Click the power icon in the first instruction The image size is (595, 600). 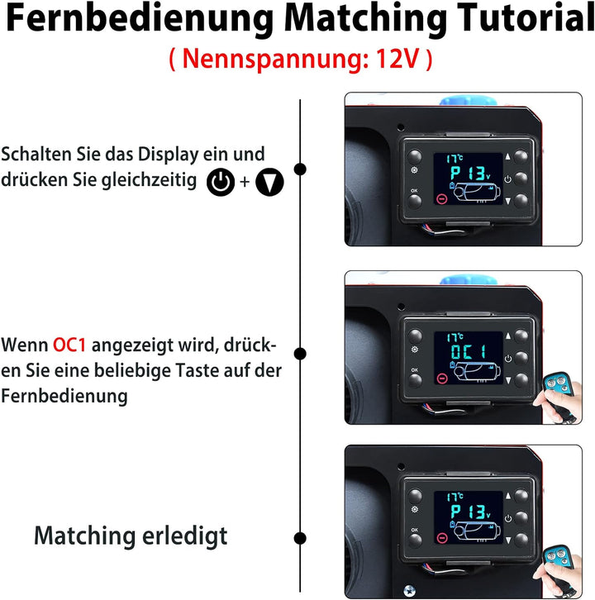coord(220,183)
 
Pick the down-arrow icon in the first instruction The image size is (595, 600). coord(269,183)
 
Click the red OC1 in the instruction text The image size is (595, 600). coord(71,343)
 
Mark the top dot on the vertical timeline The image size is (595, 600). coord(300,169)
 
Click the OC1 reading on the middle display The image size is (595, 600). coord(469,350)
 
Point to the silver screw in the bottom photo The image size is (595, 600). coord(407,590)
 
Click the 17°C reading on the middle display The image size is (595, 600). coord(455,337)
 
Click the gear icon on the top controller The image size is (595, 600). coord(414,174)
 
